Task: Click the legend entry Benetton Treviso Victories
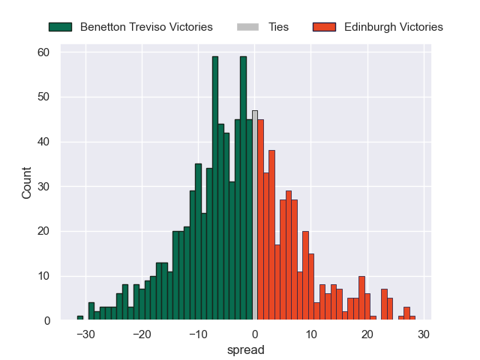(146, 27)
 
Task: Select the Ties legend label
(279, 27)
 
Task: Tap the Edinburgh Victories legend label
(394, 27)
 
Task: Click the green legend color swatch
(60, 27)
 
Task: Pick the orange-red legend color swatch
(324, 27)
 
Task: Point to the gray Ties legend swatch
(247, 27)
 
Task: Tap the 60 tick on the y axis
(44, 52)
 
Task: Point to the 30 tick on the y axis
(44, 187)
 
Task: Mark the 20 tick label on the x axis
(367, 333)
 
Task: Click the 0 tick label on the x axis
(255, 333)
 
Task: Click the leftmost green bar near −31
(80, 318)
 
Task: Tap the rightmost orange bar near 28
(412, 318)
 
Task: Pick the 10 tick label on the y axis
(44, 276)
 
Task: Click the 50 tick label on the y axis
(44, 97)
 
